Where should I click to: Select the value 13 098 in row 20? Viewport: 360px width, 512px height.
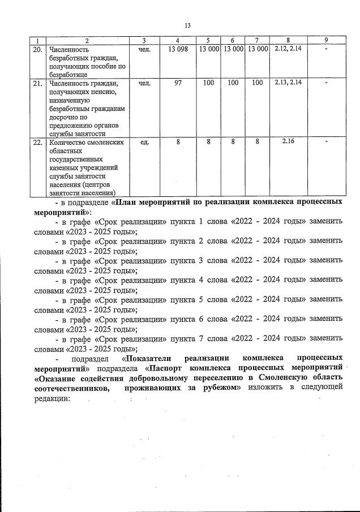pyautogui.click(x=178, y=50)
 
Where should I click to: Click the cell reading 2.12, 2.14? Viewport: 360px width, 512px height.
pyautogui.click(x=288, y=49)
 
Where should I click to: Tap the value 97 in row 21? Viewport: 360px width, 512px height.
pyautogui.click(x=178, y=83)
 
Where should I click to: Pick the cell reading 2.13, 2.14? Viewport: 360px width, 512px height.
pyautogui.click(x=288, y=83)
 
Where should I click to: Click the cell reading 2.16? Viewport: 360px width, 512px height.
pyautogui.click(x=288, y=142)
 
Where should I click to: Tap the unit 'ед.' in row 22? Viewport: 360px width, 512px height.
pyautogui.click(x=144, y=143)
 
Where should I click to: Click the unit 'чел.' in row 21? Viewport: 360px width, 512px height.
pyautogui.click(x=144, y=83)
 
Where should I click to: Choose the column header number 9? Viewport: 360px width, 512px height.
pyautogui.click(x=326, y=40)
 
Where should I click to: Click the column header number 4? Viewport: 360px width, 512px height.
pyautogui.click(x=178, y=40)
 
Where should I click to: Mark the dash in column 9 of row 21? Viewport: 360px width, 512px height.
pyautogui.click(x=326, y=84)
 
